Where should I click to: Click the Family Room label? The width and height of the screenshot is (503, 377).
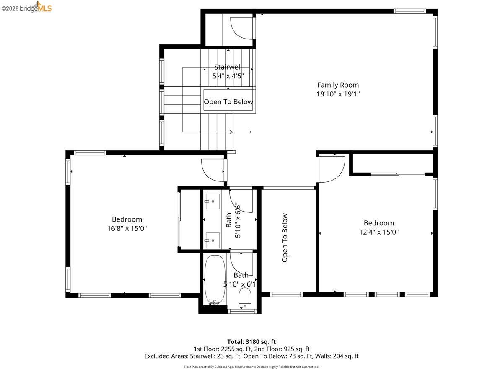(x=338, y=85)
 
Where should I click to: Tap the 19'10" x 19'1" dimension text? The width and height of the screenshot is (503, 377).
(x=338, y=94)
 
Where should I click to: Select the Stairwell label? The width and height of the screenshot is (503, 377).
(x=228, y=67)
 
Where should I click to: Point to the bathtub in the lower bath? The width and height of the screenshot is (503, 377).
(x=215, y=280)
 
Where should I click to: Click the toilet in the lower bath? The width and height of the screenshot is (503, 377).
(x=245, y=298)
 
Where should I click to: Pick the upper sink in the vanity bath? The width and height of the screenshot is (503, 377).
(x=213, y=201)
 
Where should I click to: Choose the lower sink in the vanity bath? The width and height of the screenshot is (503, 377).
(x=213, y=240)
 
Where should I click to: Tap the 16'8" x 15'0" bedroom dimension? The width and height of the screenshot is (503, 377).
(x=127, y=228)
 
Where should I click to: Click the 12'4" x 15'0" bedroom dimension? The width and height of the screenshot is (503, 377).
(x=379, y=232)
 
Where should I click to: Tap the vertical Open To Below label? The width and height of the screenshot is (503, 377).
(x=285, y=238)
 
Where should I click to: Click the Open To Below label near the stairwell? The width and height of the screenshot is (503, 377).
(x=228, y=102)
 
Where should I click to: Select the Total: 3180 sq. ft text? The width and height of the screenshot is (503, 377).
(x=251, y=341)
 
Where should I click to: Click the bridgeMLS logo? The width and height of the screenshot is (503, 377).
(x=26, y=7)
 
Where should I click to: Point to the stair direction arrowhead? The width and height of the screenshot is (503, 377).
(x=231, y=132)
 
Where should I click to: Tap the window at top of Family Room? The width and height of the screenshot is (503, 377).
(x=410, y=11)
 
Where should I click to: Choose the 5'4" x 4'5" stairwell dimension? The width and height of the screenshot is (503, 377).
(x=228, y=76)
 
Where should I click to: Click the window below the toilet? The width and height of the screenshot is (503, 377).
(x=242, y=311)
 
